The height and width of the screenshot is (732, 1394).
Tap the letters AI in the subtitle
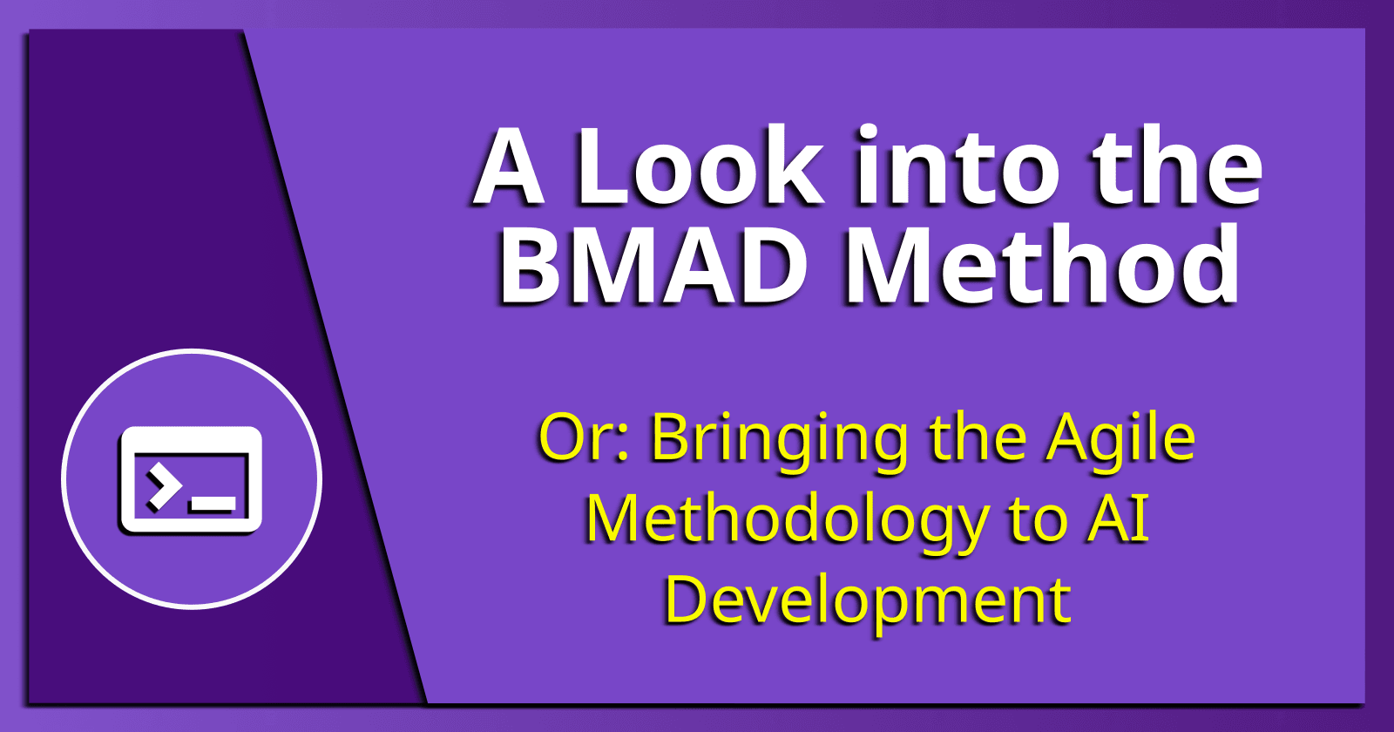(x=1118, y=519)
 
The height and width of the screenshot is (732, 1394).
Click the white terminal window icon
(x=191, y=479)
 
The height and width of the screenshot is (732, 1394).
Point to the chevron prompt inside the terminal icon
(x=162, y=488)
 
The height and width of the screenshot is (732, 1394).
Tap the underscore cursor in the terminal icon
(x=212, y=504)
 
